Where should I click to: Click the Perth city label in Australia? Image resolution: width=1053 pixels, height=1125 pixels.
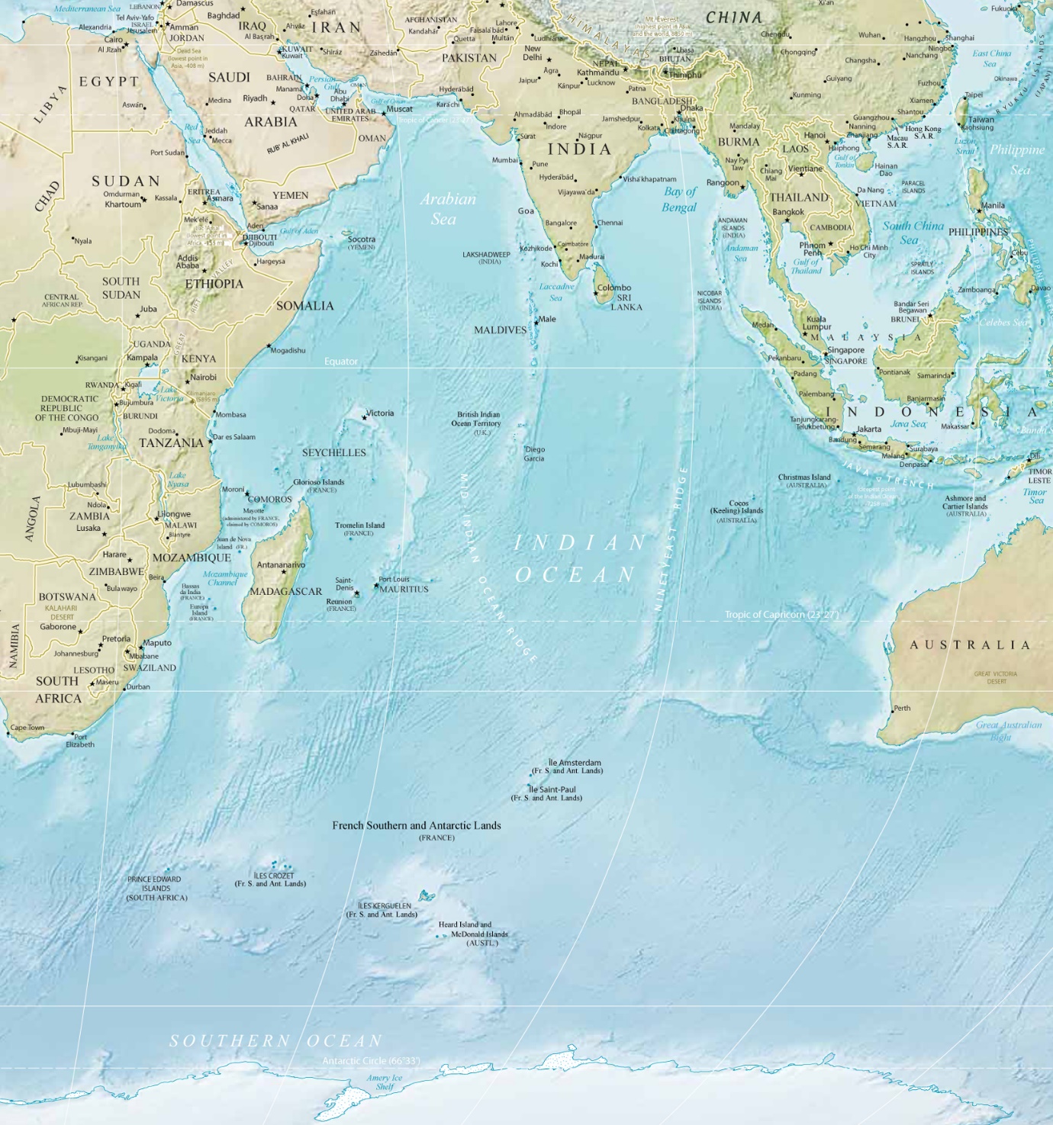click(x=902, y=708)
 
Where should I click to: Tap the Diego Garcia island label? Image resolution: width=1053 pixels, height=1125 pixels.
click(x=534, y=454)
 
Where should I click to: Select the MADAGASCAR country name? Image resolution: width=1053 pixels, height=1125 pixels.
click(x=286, y=591)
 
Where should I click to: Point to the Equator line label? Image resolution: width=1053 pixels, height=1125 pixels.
click(x=340, y=362)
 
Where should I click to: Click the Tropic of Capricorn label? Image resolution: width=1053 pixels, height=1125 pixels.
click(x=781, y=614)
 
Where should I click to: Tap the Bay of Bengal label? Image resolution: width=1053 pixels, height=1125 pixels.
click(x=679, y=199)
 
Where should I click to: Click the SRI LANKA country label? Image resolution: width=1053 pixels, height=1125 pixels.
click(x=626, y=302)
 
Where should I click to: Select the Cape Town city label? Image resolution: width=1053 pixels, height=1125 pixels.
click(x=27, y=728)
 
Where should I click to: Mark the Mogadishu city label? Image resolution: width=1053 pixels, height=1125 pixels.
click(x=288, y=351)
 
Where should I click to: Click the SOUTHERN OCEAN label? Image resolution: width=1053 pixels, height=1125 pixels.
click(x=275, y=1040)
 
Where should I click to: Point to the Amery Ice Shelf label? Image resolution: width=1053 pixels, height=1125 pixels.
click(x=384, y=1082)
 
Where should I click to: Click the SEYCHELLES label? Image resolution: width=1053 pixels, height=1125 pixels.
click(x=333, y=452)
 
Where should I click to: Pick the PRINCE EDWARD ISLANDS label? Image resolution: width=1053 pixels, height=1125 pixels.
click(x=156, y=888)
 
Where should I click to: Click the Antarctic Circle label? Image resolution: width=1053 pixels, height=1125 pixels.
click(x=371, y=1060)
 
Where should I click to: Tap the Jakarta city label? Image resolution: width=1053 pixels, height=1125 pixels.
click(x=869, y=429)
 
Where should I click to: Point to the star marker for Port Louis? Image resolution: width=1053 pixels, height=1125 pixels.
click(x=376, y=586)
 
